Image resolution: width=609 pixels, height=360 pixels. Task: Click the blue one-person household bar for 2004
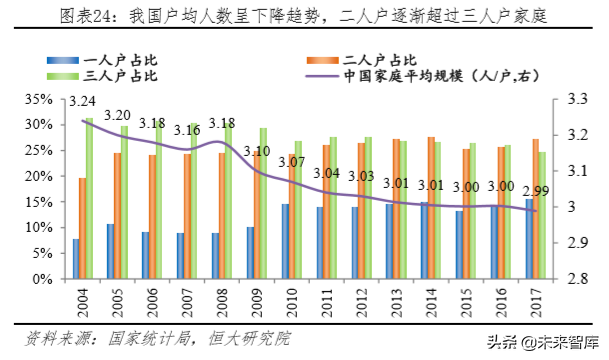click(x=76, y=259)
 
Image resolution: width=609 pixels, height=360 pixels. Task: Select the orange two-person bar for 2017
click(x=536, y=209)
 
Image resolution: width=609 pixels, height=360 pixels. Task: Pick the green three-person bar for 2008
click(x=229, y=200)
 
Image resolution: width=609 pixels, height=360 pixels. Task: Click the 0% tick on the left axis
click(x=43, y=279)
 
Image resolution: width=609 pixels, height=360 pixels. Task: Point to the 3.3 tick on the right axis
click(x=578, y=99)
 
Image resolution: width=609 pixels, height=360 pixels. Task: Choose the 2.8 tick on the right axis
click(x=578, y=279)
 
